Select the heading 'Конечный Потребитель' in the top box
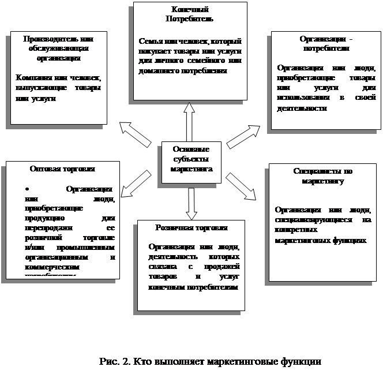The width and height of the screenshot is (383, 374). click(x=190, y=14)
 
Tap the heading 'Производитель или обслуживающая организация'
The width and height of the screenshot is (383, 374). click(x=58, y=48)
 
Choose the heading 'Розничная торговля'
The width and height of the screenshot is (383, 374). click(x=191, y=228)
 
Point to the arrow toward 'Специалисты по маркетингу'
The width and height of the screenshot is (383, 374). click(x=241, y=184)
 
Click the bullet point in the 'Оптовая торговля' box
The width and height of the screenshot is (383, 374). click(x=27, y=189)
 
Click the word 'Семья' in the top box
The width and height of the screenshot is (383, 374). click(x=149, y=42)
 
